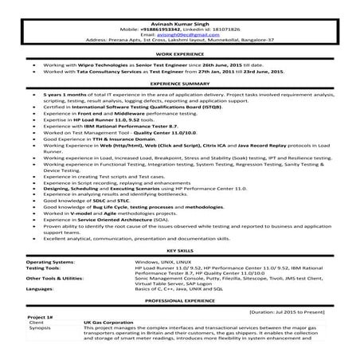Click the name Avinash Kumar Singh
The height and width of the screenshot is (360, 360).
click(x=179, y=8)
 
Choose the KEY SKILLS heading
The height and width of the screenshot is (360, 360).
click(x=179, y=249)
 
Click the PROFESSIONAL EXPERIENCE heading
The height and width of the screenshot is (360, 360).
click(x=179, y=303)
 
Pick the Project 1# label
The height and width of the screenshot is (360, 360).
click(x=39, y=322)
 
